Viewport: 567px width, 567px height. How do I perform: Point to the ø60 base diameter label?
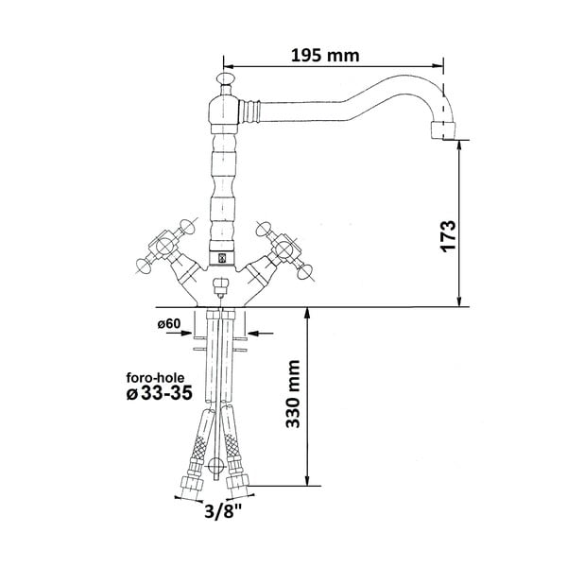point(169,324)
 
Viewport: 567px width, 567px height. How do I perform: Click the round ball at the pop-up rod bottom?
point(218,465)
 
